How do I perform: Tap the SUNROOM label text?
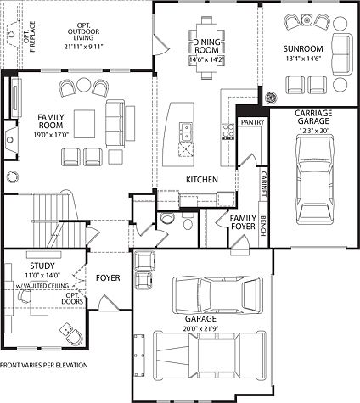tap(303, 48)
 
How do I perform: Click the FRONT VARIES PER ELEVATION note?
tap(44, 365)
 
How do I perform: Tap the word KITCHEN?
tap(202, 180)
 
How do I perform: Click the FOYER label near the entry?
tap(108, 277)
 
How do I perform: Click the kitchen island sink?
tap(186, 130)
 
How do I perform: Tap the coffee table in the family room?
tap(85, 119)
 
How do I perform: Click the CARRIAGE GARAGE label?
tap(312, 117)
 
